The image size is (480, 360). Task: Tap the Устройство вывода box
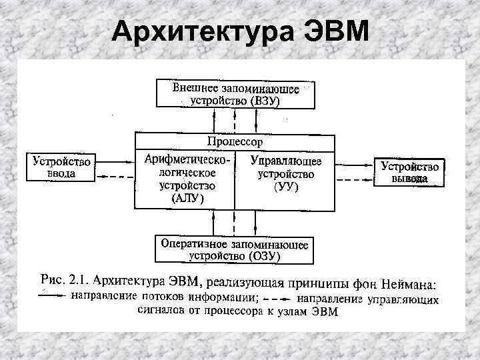coord(409,171)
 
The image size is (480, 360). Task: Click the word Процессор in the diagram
coord(235,141)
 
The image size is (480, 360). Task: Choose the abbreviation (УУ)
coord(286,187)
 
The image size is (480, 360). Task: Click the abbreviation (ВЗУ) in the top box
coord(265,101)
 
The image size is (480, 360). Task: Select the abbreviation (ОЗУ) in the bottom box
coord(265,255)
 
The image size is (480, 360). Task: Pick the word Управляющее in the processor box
coord(286,161)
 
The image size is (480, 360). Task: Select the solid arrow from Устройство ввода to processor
coord(117,161)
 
